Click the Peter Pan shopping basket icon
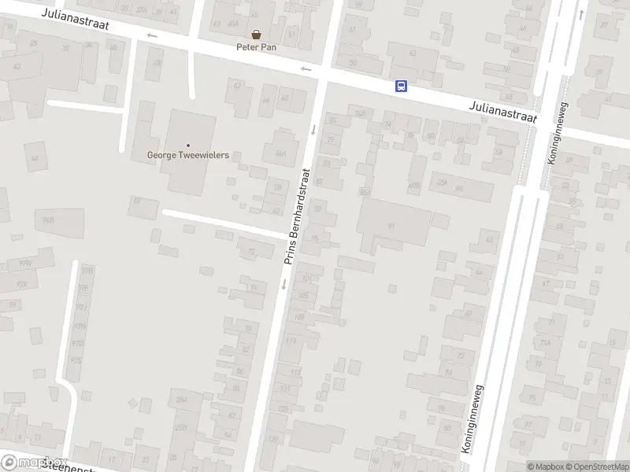point(256,34)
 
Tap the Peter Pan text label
point(256,46)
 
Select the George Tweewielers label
point(188,155)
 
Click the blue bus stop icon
point(401,87)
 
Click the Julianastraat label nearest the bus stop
point(502,110)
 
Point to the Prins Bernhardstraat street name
point(298,214)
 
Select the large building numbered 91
point(391,225)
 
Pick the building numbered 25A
point(180,426)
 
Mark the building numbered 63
point(412,53)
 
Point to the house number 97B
point(87,270)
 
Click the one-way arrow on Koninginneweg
point(580,14)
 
